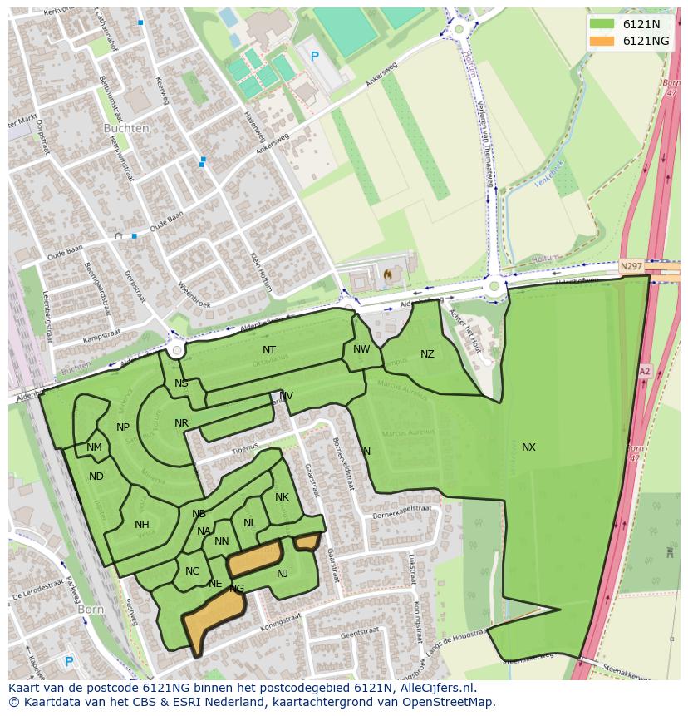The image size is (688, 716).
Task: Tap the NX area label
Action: coord(528,447)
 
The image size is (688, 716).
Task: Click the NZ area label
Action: coord(427,354)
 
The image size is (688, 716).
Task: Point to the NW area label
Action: coord(361,349)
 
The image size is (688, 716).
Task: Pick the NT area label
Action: coord(269,350)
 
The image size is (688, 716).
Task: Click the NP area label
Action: coord(123,427)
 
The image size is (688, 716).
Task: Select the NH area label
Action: coord(142,525)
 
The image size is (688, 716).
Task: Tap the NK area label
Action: coord(282,497)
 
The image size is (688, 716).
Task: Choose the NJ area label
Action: coord(283,574)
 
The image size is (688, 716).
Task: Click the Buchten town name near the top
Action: coord(126,129)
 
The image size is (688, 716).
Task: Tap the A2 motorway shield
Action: coord(645,372)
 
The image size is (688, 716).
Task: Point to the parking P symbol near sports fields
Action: coord(314,57)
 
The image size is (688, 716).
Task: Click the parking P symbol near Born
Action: coord(69,662)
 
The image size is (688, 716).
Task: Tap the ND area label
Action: coord(96,477)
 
